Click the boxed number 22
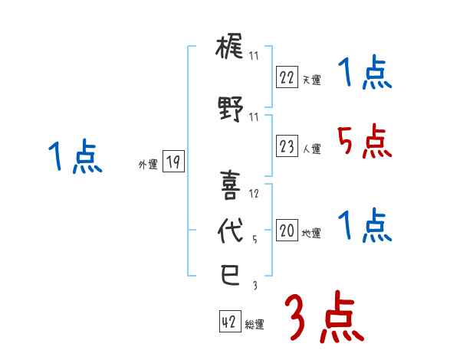(287, 77)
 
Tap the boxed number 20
(287, 231)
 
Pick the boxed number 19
(172, 162)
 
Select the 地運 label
(312, 234)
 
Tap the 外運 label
(147, 165)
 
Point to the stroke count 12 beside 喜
(255, 194)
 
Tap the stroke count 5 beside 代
(255, 240)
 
